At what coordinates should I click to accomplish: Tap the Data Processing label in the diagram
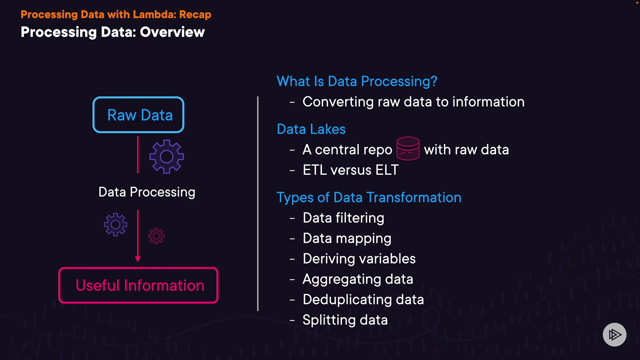147,192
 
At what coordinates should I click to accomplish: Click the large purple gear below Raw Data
167,157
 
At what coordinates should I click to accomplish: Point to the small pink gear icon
156,236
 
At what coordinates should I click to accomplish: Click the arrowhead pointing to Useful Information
138,259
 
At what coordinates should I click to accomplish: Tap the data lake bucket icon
408,148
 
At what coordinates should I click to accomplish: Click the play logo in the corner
615,334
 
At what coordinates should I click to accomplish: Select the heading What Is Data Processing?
357,81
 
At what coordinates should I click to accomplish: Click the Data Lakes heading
311,129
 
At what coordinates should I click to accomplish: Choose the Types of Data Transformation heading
369,198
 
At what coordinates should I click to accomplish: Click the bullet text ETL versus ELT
351,170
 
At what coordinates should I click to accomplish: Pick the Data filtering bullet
343,218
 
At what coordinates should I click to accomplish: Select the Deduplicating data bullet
363,300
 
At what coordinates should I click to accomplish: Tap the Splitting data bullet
345,320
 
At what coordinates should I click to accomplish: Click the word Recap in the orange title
195,15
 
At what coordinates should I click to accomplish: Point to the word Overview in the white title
172,32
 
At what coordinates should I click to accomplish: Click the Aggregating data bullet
358,279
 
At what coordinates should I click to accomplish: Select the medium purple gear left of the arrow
115,224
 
